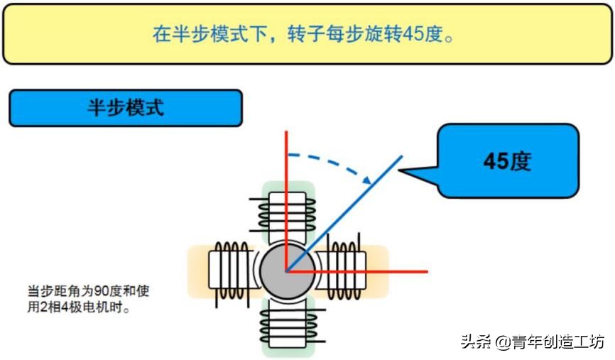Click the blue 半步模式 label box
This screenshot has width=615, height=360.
[x=125, y=108]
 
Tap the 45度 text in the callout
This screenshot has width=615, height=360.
[x=507, y=161]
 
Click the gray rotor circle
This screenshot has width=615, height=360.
[x=286, y=271]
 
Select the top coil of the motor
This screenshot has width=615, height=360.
[x=287, y=211]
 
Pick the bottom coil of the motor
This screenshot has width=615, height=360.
[x=287, y=326]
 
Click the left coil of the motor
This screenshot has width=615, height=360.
[x=229, y=271]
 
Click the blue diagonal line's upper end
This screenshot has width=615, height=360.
[x=402, y=156]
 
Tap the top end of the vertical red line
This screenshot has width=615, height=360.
[x=286, y=133]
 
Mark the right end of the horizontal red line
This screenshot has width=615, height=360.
[x=426, y=271]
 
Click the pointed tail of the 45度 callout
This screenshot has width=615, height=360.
[x=402, y=170]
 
